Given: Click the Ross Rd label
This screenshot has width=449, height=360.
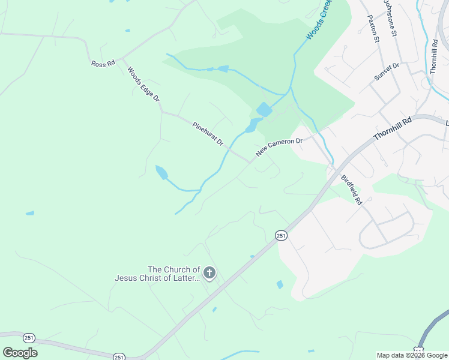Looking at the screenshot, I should (103, 63).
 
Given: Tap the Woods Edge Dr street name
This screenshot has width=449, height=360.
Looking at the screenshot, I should (143, 83).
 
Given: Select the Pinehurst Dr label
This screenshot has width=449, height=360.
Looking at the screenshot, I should (208, 134).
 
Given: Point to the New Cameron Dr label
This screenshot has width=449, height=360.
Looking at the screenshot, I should (279, 147).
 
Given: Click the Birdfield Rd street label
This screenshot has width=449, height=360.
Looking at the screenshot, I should (351, 190).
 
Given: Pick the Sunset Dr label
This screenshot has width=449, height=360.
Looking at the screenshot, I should (387, 72).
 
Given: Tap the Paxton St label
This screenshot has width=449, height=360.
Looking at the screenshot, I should (373, 28).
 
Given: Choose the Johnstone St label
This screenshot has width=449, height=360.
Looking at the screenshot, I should (391, 18).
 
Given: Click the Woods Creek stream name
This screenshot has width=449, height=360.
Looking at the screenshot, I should (319, 21).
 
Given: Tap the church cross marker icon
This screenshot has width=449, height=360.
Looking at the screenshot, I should (209, 274).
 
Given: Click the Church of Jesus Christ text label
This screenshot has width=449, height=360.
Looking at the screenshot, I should (157, 274).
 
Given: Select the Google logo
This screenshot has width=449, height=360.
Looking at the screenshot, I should (20, 353).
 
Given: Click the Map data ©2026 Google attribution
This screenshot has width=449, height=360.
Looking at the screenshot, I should (412, 355).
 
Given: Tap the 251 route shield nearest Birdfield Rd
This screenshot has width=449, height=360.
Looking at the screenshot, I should (281, 236).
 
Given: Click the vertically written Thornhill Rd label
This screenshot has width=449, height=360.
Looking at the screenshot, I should (433, 56).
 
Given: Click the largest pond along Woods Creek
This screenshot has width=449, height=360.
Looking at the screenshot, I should (264, 110).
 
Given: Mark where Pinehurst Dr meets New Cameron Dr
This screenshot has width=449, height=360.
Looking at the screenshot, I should (250, 162).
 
